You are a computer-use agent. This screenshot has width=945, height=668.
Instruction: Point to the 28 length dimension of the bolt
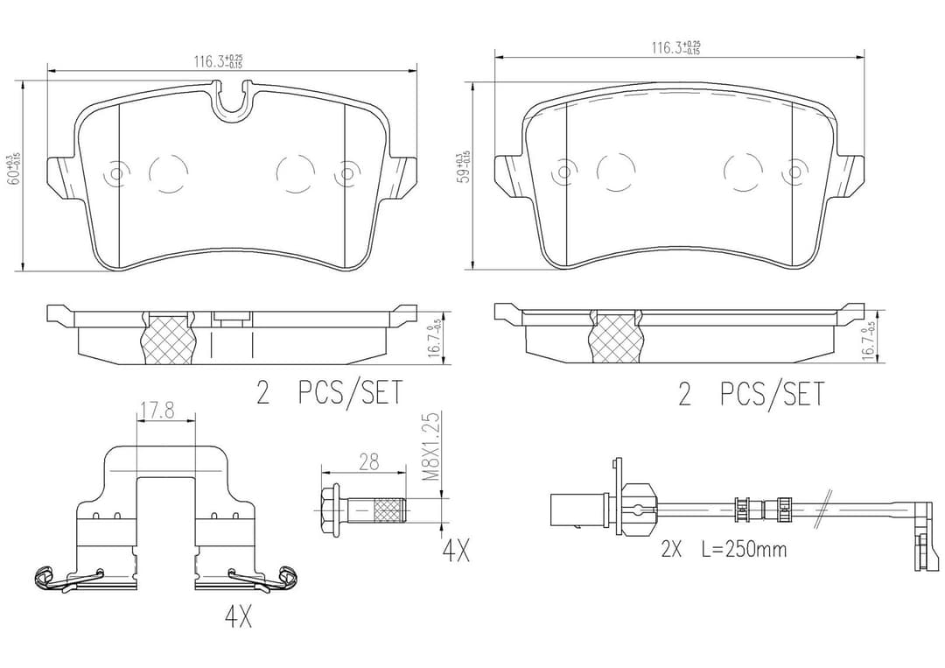368,462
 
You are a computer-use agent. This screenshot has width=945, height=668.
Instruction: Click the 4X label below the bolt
455,552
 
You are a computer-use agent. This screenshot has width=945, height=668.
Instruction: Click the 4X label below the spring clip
238,618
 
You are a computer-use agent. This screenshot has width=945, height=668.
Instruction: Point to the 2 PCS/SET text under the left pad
329,394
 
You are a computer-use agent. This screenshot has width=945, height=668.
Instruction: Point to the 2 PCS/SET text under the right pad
751,394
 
